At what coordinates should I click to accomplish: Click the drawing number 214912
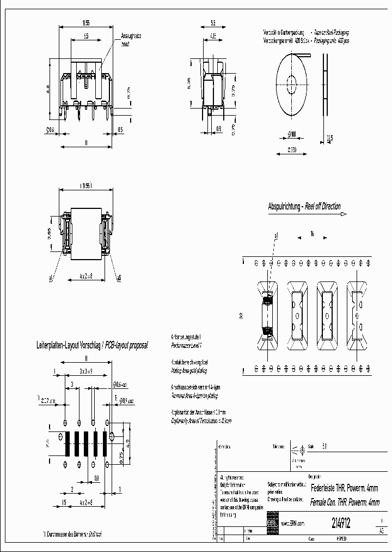(340, 523)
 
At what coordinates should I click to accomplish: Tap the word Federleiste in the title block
(322, 488)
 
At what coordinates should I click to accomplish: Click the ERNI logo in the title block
(272, 523)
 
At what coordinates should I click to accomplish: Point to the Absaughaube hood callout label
(131, 40)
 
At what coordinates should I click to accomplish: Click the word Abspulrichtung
(285, 207)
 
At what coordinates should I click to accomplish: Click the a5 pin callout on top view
(119, 278)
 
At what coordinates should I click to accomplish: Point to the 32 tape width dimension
(241, 316)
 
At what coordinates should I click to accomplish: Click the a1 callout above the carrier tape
(277, 235)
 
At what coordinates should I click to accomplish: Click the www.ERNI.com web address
(292, 523)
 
